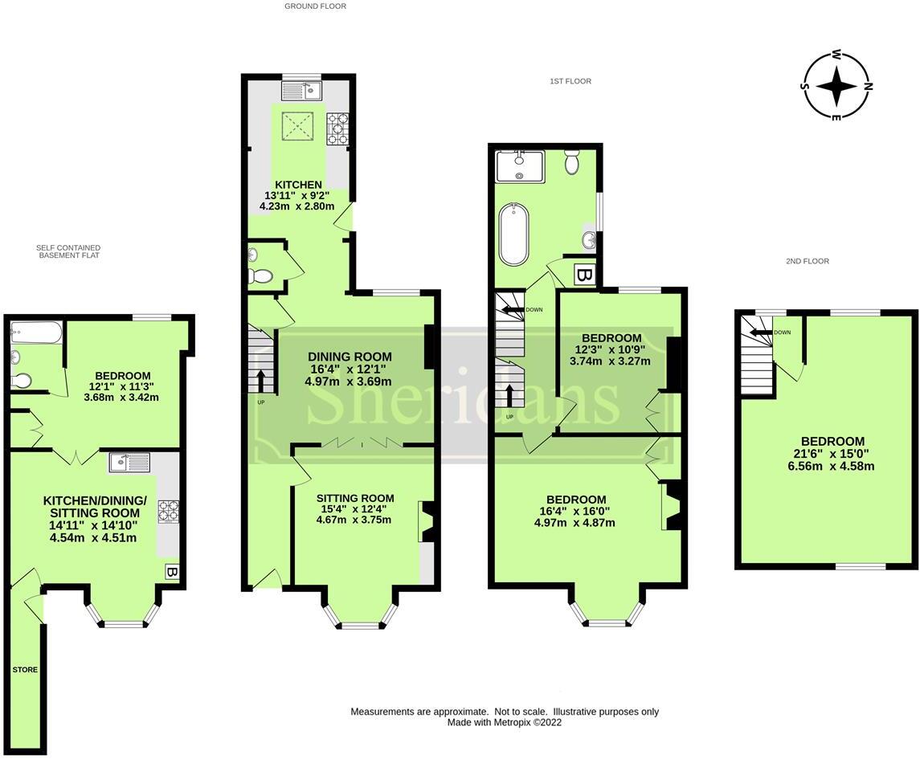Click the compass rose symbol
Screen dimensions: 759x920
coord(836,86)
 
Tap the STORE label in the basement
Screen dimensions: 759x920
coord(24,669)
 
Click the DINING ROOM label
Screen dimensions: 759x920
coord(350,357)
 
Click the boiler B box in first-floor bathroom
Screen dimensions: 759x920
coord(585,275)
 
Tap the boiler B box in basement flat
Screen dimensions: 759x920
coord(171,572)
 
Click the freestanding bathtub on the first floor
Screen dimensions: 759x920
coord(513,234)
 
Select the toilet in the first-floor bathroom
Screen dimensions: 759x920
coord(572,162)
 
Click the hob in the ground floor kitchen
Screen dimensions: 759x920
coord(337,129)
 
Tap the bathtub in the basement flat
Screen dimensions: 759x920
coord(36,333)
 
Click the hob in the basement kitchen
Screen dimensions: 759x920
coord(168,512)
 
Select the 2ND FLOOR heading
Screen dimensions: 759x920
coord(807,261)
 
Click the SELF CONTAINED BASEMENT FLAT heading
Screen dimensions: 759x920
coord(67,251)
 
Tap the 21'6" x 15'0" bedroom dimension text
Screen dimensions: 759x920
coord(832,454)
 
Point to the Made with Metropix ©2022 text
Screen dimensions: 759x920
coord(504,722)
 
